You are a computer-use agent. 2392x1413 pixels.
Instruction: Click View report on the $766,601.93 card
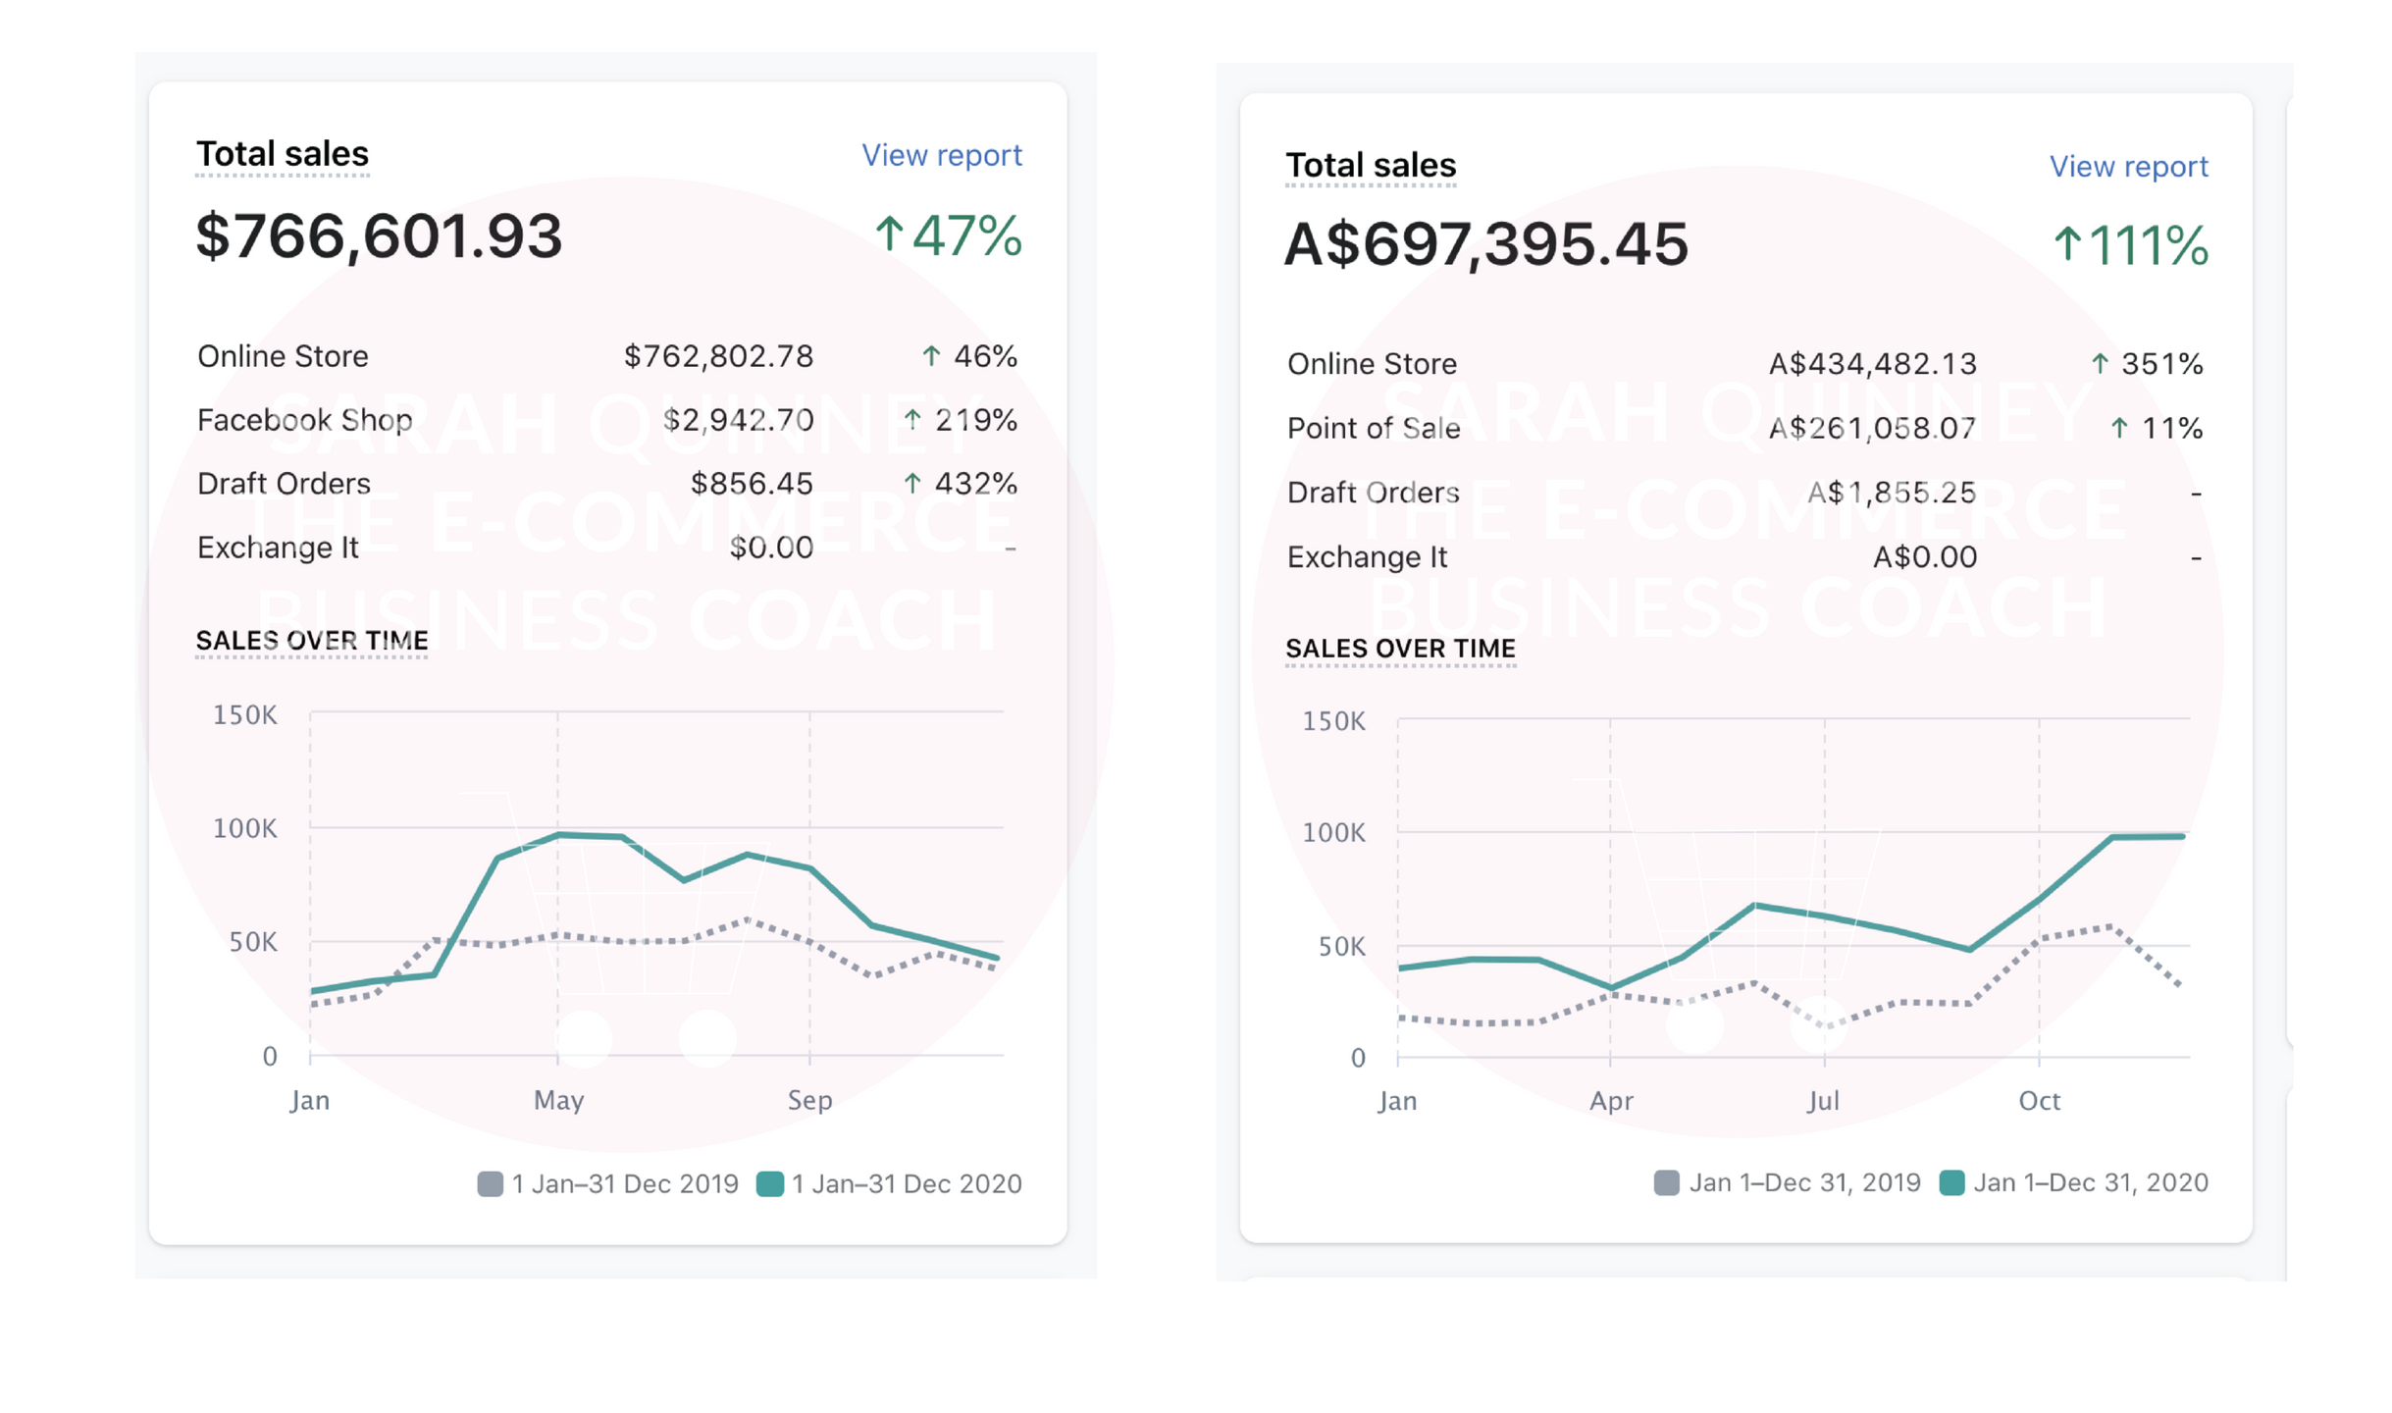(x=941, y=155)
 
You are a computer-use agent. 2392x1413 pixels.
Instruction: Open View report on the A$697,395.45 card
(x=2127, y=167)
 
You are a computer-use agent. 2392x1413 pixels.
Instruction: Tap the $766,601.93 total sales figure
(x=379, y=236)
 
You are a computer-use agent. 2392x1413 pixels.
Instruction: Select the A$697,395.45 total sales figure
(x=1485, y=244)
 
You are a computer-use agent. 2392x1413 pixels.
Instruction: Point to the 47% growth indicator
(x=948, y=236)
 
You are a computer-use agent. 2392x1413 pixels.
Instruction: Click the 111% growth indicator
(x=2129, y=245)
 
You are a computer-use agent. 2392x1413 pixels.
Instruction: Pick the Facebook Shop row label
(x=304, y=420)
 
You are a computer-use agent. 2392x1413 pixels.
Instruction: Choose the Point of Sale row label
(x=1373, y=428)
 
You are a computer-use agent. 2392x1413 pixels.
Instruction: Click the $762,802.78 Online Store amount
(x=718, y=356)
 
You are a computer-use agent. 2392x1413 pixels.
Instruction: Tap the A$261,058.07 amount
(x=1871, y=428)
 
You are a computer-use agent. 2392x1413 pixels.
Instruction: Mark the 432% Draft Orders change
(x=960, y=484)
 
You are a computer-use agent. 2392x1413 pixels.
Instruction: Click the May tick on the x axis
(x=558, y=1100)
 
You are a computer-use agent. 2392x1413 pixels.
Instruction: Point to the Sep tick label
(x=809, y=1100)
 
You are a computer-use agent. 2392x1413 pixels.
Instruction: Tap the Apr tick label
(x=1611, y=1101)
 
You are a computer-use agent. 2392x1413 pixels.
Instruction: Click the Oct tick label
(x=2039, y=1101)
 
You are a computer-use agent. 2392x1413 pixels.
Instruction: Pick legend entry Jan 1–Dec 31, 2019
(x=1787, y=1182)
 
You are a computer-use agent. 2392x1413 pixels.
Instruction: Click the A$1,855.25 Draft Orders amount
(x=1891, y=493)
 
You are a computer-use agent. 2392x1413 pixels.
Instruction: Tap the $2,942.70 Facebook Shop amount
(x=738, y=420)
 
